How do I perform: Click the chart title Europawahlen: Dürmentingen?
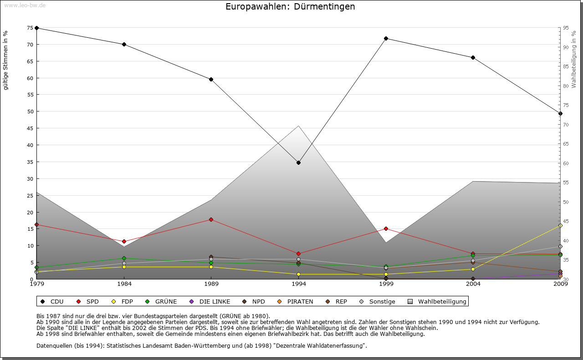pyautogui.click(x=290, y=7)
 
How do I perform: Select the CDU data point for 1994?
pyautogui.click(x=298, y=162)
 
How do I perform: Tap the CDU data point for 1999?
pyautogui.click(x=386, y=38)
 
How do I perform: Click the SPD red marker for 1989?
pyautogui.click(x=211, y=219)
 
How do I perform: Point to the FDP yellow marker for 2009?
pyautogui.click(x=560, y=225)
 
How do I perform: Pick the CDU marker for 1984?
pyautogui.click(x=124, y=44)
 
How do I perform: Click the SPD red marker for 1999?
pyautogui.click(x=386, y=228)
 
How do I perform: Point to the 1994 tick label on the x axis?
pyautogui.click(x=298, y=284)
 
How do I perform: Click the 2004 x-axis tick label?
pyautogui.click(x=473, y=284)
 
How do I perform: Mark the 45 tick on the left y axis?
pyautogui.click(x=30, y=128)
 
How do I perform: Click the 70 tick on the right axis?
pyautogui.click(x=566, y=125)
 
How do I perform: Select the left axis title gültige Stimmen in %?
pyautogui.click(x=6, y=60)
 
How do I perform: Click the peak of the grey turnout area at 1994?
pyautogui.click(x=298, y=126)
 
